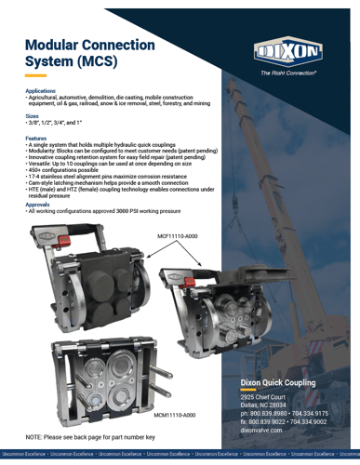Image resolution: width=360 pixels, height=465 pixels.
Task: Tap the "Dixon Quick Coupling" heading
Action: pos(279,383)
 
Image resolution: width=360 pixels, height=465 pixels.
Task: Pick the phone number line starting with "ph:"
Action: pos(284,413)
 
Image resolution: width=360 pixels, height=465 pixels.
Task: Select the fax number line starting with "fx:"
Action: pos(284,421)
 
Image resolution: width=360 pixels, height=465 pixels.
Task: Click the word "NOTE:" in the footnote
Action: pos(35,436)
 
